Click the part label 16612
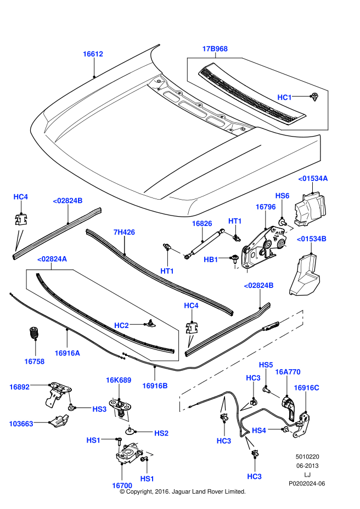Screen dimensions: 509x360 (93, 54)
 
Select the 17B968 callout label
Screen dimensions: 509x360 (215, 49)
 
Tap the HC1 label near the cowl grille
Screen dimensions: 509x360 (284, 97)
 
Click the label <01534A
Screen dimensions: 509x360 (313, 178)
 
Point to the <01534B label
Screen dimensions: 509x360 (312, 239)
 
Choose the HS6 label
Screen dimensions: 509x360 (282, 195)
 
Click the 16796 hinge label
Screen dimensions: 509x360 (265, 207)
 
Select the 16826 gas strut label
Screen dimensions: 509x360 (201, 224)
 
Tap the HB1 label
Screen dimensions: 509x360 (211, 259)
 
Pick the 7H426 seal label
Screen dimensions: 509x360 (124, 232)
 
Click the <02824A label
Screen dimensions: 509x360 (52, 259)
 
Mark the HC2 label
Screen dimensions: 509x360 (121, 325)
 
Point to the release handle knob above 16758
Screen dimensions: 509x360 (33, 332)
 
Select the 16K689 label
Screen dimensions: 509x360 (119, 380)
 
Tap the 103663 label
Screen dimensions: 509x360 (21, 423)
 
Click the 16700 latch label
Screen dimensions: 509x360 (122, 485)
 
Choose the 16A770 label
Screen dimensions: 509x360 (288, 371)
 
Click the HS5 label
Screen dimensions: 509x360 (266, 365)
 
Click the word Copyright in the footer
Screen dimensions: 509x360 (144, 492)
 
